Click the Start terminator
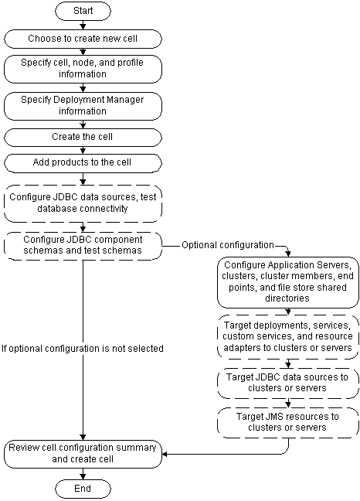pos(83,12)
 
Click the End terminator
pos(83,488)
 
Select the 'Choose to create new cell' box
pos(83,38)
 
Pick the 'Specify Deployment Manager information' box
pos(83,105)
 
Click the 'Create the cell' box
pos(83,137)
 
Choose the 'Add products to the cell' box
pos(83,163)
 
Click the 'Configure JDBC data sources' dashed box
pos(83,202)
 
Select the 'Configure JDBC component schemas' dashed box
pos(83,245)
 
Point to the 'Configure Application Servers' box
pos(287,280)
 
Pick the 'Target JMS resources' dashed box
pos(287,421)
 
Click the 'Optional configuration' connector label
pos(228,245)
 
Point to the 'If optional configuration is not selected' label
pos(83,349)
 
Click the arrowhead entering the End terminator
pos(83,475)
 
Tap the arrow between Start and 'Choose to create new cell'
pos(83,26)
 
